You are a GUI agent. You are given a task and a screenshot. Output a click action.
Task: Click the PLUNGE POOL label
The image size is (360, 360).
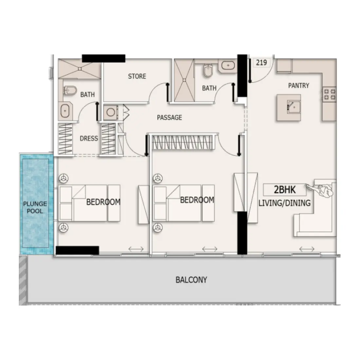[35, 207]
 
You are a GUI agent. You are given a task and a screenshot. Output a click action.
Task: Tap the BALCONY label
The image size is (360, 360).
[191, 280]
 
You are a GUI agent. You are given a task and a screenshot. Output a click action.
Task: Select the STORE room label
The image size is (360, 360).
[137, 76]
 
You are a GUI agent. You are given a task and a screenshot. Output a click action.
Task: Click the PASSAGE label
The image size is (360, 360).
[169, 117]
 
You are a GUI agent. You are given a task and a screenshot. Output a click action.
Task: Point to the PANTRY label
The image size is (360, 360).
[298, 85]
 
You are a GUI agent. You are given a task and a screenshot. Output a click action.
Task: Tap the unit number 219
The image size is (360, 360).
[261, 63]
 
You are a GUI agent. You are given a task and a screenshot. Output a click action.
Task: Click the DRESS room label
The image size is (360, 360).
[89, 138]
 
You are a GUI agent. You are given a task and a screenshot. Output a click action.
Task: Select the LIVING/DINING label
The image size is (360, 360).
[284, 203]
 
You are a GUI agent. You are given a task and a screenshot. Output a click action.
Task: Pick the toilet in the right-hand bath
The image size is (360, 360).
[207, 70]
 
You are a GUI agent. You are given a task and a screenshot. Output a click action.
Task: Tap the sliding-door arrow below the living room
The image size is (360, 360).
[307, 249]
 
